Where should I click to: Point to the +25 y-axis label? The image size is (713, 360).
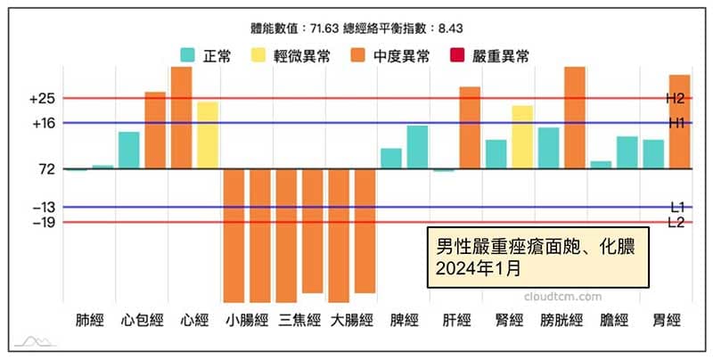point(42,98)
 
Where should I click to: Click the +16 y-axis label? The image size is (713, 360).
point(42,123)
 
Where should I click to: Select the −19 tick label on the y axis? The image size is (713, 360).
point(42,223)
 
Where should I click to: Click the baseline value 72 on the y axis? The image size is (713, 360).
point(47,168)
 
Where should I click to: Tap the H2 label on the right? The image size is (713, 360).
point(675,98)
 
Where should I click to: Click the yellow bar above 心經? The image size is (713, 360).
point(208,135)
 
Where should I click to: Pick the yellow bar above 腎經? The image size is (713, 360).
point(522,137)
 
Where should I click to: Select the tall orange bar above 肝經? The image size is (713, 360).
point(470,127)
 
